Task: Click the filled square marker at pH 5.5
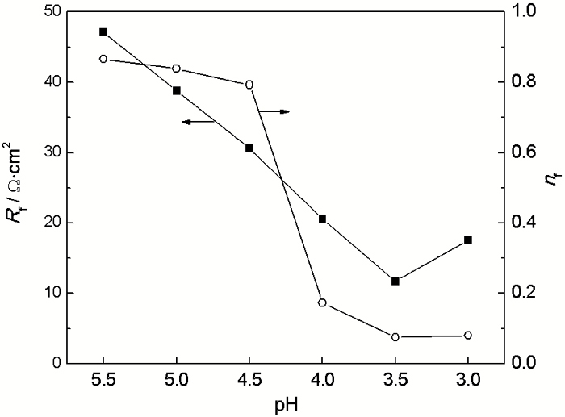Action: tap(103, 32)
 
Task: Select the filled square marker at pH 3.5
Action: tap(395, 281)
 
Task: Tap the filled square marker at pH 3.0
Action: tap(468, 240)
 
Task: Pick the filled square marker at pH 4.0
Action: tap(322, 219)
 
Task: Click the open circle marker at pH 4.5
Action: tap(249, 85)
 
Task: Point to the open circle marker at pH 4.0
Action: tap(322, 302)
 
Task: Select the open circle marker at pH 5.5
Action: tap(103, 59)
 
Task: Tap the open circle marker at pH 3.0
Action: tap(468, 336)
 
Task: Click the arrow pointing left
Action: tap(198, 122)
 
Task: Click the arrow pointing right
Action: tap(274, 111)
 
